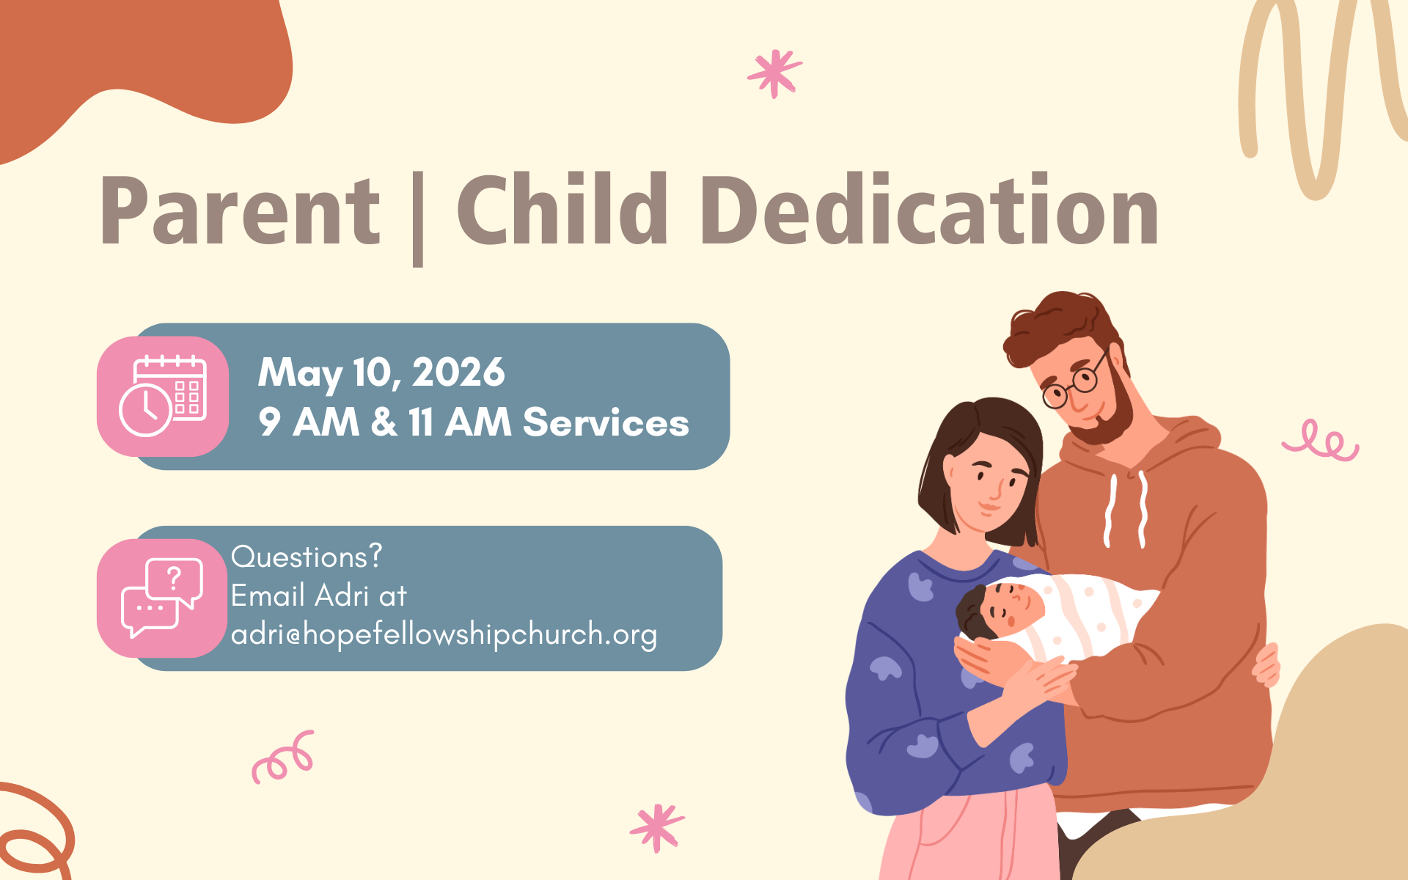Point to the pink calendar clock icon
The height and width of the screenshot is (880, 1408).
point(163,396)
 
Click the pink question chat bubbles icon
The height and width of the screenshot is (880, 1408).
point(162,598)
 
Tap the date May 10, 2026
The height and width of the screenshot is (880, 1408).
point(381,373)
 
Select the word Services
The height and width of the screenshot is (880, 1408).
point(606,422)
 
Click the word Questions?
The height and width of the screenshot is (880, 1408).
point(307,557)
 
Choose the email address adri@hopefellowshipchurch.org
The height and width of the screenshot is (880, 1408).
point(444,634)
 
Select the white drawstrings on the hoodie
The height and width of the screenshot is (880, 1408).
point(1126,510)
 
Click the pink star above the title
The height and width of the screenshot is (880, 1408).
point(774,73)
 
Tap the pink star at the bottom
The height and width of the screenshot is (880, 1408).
point(657,827)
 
